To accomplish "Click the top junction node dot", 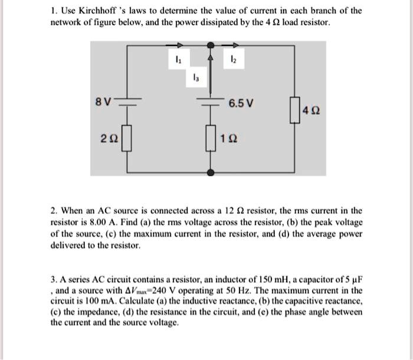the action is coord(211,45).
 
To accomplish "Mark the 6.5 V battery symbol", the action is coord(211,102).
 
